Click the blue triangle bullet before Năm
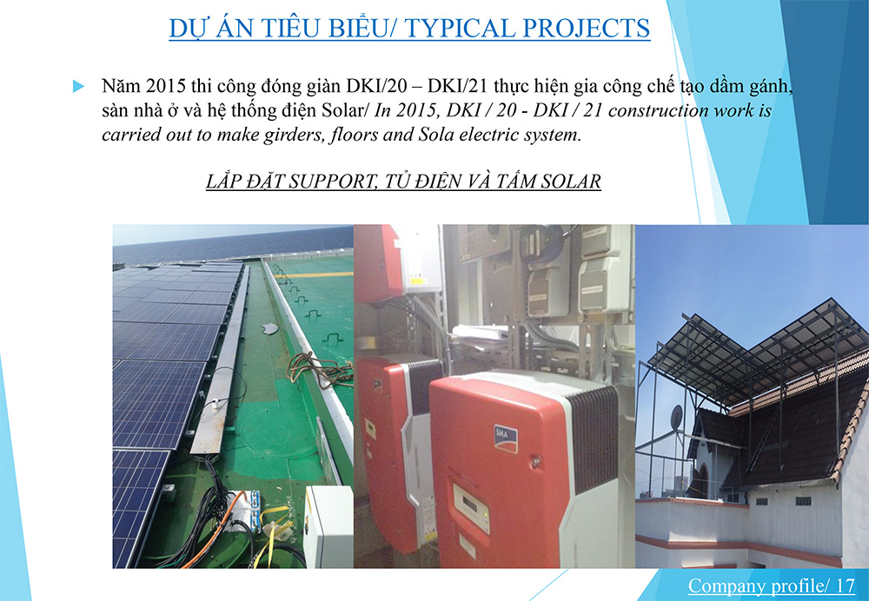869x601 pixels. [x=79, y=86]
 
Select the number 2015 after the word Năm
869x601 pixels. [x=166, y=86]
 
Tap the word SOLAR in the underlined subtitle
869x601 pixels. [x=572, y=182]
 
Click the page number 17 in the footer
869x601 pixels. [x=846, y=585]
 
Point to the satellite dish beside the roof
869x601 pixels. [x=676, y=417]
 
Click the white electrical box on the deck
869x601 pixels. [x=328, y=525]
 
